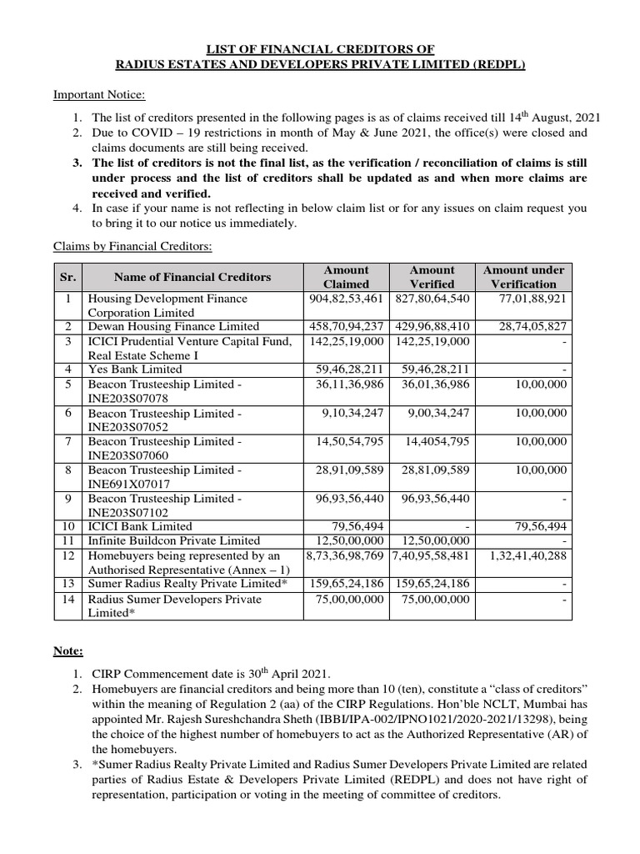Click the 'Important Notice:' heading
(x=99, y=94)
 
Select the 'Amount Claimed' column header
(x=346, y=277)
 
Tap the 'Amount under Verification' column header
(x=523, y=277)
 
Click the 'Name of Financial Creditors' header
(x=192, y=277)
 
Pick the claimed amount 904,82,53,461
(x=346, y=298)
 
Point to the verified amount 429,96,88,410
(x=432, y=326)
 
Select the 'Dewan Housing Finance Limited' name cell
(x=173, y=326)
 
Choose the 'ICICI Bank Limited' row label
(x=139, y=526)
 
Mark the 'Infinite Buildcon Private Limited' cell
(x=173, y=540)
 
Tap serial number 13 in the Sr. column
(x=69, y=583)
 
